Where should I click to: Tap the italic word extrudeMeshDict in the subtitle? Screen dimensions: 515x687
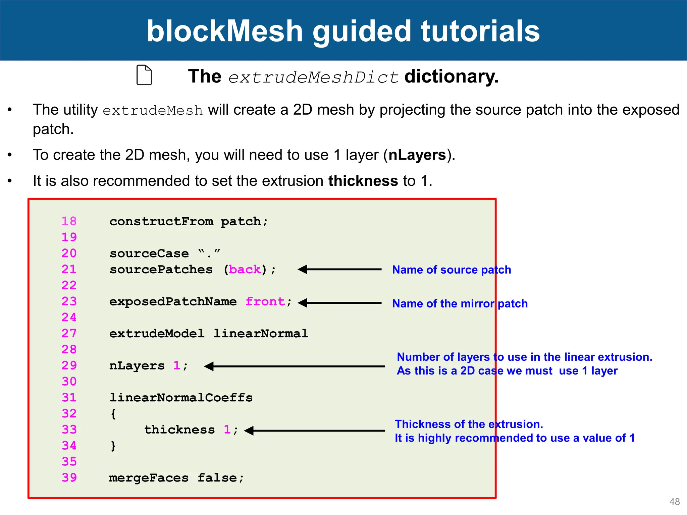tap(313, 77)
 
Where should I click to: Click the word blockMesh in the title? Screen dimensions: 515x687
tap(225, 31)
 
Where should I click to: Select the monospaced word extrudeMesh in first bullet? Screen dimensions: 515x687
tap(153, 111)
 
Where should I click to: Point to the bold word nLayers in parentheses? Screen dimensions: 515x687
tap(417, 155)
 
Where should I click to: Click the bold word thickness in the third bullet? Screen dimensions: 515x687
tap(363, 181)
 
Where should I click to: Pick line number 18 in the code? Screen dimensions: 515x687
tap(69, 221)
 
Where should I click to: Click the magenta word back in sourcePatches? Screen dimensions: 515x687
tap(245, 270)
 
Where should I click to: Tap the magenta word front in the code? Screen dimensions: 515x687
tap(265, 301)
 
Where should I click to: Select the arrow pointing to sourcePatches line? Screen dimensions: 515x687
tap(339, 269)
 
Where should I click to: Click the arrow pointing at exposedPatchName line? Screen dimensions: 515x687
tap(339, 303)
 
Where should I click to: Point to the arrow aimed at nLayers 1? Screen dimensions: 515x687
tap(295, 366)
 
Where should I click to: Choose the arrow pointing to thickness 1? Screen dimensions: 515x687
tap(315, 431)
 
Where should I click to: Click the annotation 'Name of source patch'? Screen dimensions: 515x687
tap(452, 270)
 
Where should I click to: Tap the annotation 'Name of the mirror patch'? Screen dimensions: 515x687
tap(460, 304)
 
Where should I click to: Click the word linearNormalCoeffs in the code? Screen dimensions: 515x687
tap(181, 398)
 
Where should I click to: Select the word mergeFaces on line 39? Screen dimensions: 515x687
tap(149, 478)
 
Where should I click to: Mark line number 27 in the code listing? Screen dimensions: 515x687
tap(69, 333)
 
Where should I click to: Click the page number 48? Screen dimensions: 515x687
tap(674, 502)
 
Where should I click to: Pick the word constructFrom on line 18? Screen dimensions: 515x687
tap(161, 222)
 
